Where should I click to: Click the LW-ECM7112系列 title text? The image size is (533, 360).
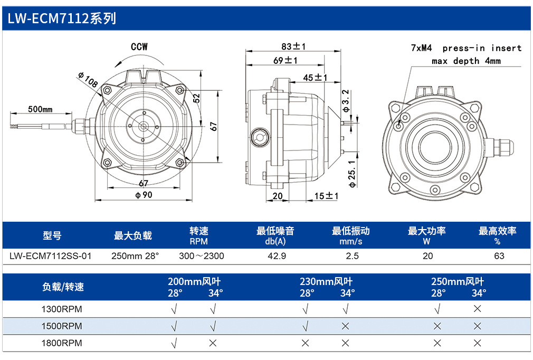coord(62,18)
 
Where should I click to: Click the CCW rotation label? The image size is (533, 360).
coord(139,46)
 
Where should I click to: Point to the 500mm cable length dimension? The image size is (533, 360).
coord(40,109)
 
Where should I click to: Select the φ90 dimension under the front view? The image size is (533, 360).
coord(144,195)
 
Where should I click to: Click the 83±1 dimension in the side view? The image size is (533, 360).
coord(293,46)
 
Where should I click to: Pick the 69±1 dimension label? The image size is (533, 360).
coord(285,60)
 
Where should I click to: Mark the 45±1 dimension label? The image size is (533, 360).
coord(315,78)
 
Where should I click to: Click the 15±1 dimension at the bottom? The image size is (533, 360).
coord(326,196)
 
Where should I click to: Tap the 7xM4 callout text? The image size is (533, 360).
coord(421,48)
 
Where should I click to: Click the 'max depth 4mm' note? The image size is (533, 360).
coord(466,61)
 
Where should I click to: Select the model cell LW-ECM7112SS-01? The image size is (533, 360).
coord(50,256)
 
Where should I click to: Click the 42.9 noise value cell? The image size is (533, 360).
coord(277,256)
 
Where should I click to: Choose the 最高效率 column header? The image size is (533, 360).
coord(497,231)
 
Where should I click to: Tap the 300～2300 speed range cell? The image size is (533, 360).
coord(201,256)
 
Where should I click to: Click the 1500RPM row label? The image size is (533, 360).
coord(62,326)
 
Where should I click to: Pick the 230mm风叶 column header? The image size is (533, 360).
coord(326,281)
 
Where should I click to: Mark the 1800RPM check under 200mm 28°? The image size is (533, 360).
coord(174,343)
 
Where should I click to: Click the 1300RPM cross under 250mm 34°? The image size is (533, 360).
coord(477,309)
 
